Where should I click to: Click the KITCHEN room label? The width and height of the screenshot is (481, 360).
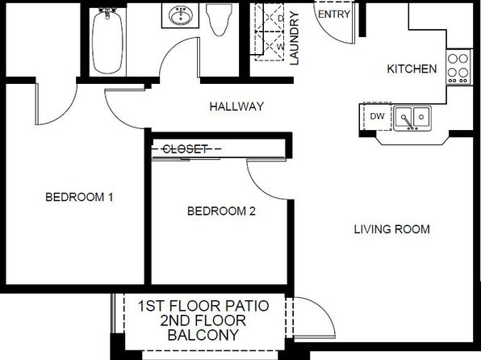click(x=412, y=69)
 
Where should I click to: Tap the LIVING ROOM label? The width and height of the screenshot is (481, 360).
click(x=391, y=229)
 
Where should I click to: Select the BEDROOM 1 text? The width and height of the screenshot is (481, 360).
click(x=79, y=197)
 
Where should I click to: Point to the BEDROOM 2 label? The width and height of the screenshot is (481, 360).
click(x=221, y=211)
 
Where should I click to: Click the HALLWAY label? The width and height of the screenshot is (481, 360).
click(x=236, y=107)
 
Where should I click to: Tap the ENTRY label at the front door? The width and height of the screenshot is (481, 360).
click(x=334, y=14)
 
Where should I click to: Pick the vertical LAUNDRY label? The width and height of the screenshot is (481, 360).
click(x=294, y=39)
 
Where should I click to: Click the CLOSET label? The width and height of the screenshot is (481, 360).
click(x=185, y=149)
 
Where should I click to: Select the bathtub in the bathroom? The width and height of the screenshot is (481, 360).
click(x=107, y=41)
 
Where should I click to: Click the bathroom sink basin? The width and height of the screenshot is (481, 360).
click(x=181, y=16)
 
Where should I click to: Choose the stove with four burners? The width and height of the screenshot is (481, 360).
click(x=458, y=67)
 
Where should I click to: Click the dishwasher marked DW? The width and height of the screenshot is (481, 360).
click(x=377, y=116)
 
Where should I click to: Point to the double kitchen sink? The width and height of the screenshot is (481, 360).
click(x=412, y=118)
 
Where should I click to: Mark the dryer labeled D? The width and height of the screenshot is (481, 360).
click(x=270, y=18)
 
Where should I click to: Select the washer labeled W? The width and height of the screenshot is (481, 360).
click(x=270, y=46)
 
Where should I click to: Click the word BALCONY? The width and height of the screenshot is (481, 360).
click(x=203, y=335)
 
